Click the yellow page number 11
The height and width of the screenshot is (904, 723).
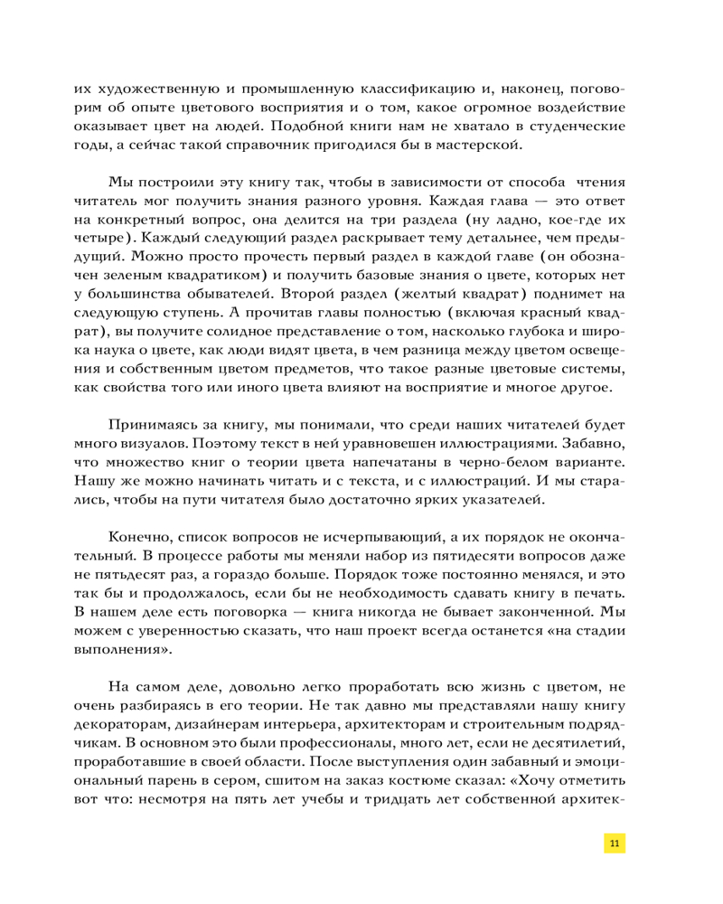pos(615,843)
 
